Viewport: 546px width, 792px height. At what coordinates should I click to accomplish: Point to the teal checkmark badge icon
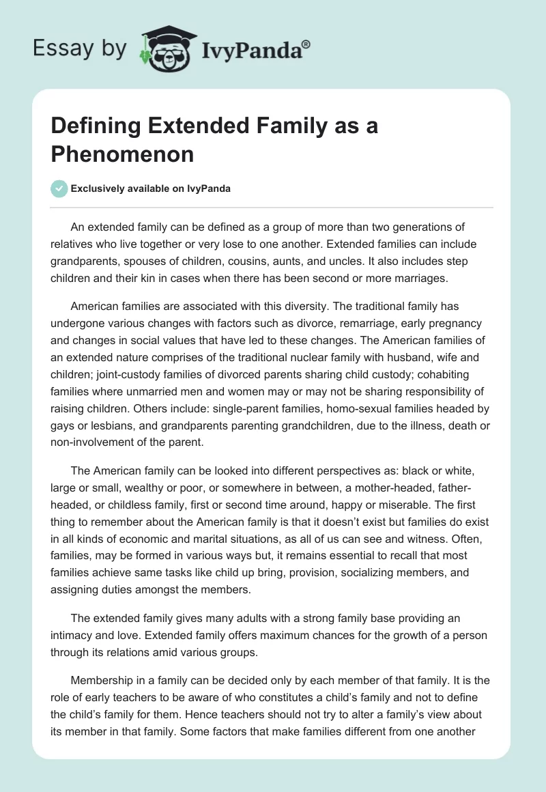59,189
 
